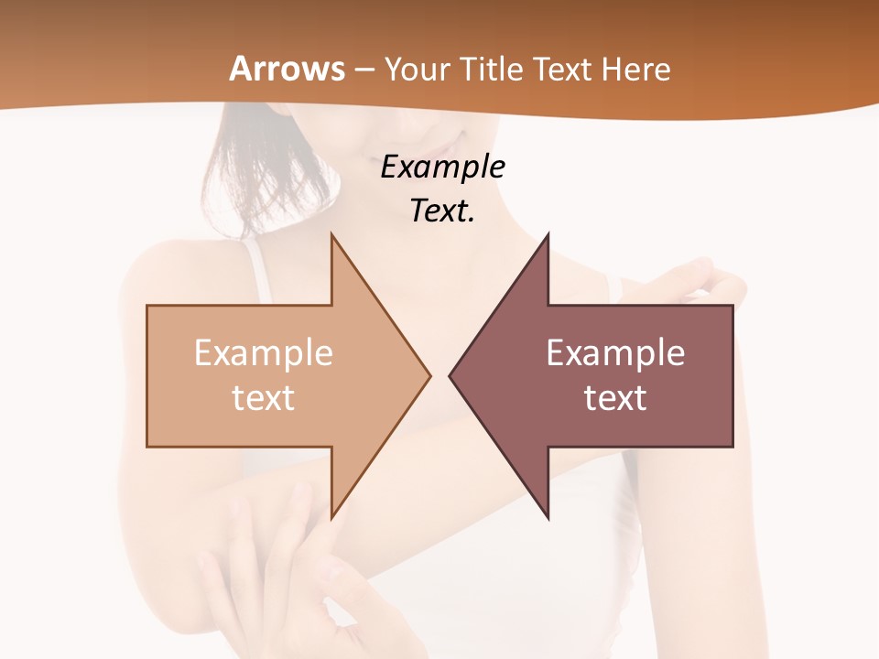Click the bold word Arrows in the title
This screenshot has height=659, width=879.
[x=287, y=69]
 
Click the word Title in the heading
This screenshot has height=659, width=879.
[x=494, y=69]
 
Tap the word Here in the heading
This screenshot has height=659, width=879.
[x=636, y=69]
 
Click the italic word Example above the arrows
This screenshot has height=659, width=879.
[x=442, y=167]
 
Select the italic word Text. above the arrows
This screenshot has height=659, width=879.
[x=442, y=211]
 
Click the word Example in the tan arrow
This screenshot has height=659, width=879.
[x=264, y=353]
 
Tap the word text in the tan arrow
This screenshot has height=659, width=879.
[x=264, y=398]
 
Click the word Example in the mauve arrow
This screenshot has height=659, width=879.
[x=615, y=353]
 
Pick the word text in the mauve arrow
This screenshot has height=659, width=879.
[x=615, y=398]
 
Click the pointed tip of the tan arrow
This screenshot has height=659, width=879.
[x=429, y=375]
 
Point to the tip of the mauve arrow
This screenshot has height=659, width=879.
[x=450, y=375]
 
